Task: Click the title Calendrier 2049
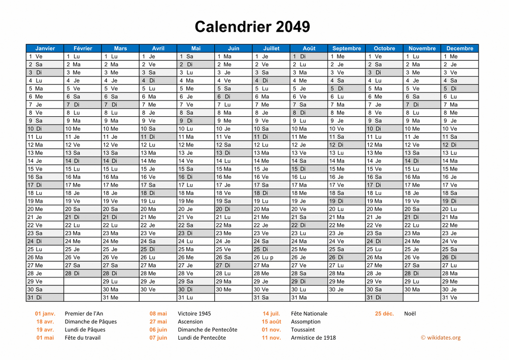point(252,26)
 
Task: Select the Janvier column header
point(45,48)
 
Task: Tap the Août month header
point(309,48)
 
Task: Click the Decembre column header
point(459,48)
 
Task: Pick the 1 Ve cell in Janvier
point(45,57)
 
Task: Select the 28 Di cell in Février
point(83,273)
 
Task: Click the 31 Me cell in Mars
point(120,297)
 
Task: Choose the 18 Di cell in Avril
point(158,193)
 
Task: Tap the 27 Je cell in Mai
point(196,266)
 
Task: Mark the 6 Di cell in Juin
point(234,96)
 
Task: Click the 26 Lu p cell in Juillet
point(271,258)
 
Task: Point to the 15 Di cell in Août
point(309,169)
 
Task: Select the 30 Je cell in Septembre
point(346,289)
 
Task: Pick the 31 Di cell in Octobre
point(384,297)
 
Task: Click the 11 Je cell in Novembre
point(422,137)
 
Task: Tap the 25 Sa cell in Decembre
point(459,249)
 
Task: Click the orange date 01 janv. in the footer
point(45,314)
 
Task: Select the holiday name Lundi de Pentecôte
point(202,338)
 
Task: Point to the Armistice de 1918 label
point(313,338)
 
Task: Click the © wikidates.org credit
point(440,338)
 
